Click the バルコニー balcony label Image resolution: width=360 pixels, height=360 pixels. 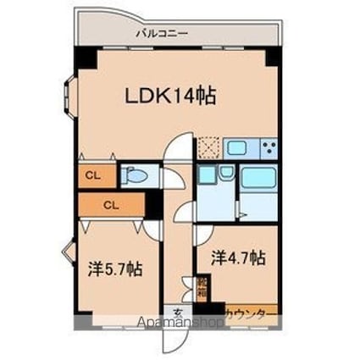point(161,35)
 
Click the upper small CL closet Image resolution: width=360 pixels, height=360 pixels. point(91,175)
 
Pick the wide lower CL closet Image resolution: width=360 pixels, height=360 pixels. point(111,204)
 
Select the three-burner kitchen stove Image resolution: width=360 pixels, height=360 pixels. point(268,148)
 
